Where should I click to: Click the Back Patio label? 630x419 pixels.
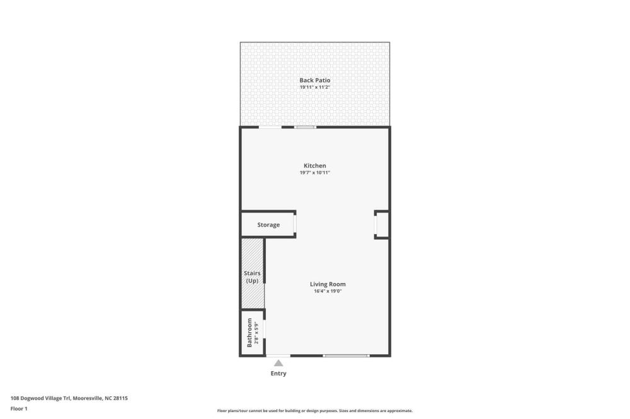pyautogui.click(x=314, y=81)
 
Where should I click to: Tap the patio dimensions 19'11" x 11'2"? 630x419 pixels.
pyautogui.click(x=314, y=87)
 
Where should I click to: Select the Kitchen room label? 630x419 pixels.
pyautogui.click(x=314, y=165)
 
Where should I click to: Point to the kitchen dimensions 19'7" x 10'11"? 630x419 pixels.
pyautogui.click(x=314, y=172)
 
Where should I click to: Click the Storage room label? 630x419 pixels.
pyautogui.click(x=268, y=225)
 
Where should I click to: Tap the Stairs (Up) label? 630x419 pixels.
pyautogui.click(x=252, y=277)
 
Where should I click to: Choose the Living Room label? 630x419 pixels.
pyautogui.click(x=328, y=284)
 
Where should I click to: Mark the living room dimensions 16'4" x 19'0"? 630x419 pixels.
pyautogui.click(x=328, y=291)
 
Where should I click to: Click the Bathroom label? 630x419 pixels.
pyautogui.click(x=249, y=333)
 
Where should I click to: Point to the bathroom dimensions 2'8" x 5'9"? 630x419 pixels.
pyautogui.click(x=256, y=333)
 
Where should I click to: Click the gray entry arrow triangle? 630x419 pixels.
pyautogui.click(x=278, y=363)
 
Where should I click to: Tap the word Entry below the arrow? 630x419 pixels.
pyautogui.click(x=278, y=373)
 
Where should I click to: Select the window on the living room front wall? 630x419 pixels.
pyautogui.click(x=346, y=355)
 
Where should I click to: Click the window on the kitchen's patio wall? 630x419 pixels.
pyautogui.click(x=305, y=127)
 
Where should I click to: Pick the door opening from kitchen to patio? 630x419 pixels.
pyautogui.click(x=270, y=127)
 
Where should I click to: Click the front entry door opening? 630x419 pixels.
pyautogui.click(x=278, y=355)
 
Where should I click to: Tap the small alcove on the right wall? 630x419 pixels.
pyautogui.click(x=382, y=225)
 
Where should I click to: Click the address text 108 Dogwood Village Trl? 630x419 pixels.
pyautogui.click(x=40, y=398)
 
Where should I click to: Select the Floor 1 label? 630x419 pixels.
pyautogui.click(x=19, y=408)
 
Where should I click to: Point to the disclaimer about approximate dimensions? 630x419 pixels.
pyautogui.click(x=315, y=411)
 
